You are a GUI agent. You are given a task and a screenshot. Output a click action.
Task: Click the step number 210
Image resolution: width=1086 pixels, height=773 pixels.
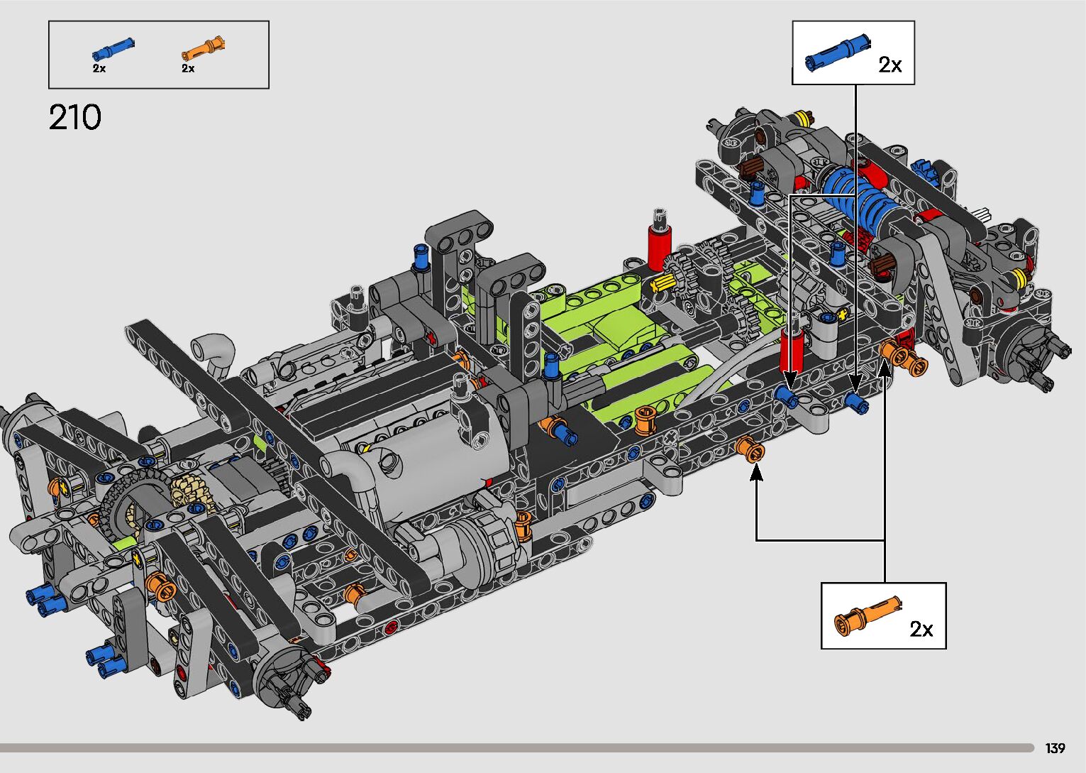(x=75, y=117)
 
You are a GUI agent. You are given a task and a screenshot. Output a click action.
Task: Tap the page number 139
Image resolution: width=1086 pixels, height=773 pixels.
(x=1055, y=747)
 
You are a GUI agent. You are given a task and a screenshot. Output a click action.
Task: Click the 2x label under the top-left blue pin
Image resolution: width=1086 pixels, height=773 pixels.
(x=99, y=68)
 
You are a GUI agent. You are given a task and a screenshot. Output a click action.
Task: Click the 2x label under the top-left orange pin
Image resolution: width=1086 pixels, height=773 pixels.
(x=188, y=68)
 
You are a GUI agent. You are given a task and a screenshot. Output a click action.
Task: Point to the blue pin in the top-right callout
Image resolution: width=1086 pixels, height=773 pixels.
(x=837, y=53)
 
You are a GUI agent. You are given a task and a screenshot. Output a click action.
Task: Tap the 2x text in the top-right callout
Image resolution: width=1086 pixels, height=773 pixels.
(x=890, y=65)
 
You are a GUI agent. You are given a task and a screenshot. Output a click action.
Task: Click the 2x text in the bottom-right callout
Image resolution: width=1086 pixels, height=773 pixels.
(x=921, y=630)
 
